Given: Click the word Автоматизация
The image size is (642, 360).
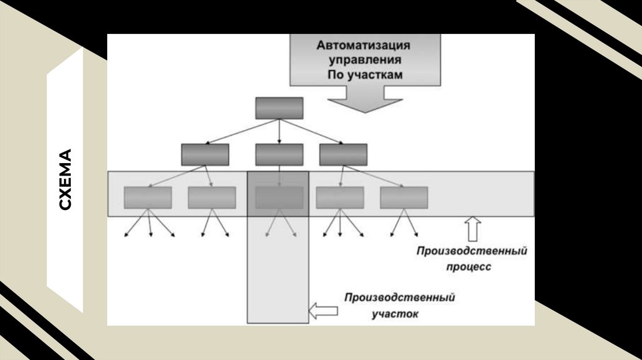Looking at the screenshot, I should click(x=364, y=46).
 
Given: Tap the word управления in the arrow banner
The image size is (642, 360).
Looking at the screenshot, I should click(x=364, y=60).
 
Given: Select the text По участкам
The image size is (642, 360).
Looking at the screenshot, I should click(x=364, y=75).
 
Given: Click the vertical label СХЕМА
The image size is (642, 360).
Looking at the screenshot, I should click(x=65, y=179).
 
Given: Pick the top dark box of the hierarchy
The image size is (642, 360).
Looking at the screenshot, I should click(x=279, y=108).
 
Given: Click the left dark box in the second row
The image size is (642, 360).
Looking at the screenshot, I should click(x=205, y=154).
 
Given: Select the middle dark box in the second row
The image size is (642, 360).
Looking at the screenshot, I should click(x=279, y=154).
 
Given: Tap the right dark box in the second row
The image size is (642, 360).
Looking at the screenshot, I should click(x=343, y=154).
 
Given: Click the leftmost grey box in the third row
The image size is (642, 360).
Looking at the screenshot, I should click(x=148, y=198).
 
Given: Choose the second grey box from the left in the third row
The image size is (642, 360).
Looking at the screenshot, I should click(x=212, y=198).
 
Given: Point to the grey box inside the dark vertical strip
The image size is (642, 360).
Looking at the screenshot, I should click(x=279, y=198).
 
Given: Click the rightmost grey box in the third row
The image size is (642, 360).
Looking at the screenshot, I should click(x=404, y=198).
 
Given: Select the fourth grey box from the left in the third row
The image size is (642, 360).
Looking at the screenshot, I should click(x=340, y=198).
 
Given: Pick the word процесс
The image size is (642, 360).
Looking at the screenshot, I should click(x=470, y=267).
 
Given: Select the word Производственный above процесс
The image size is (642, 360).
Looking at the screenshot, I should click(x=471, y=251).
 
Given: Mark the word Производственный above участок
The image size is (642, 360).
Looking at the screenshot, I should click(x=399, y=297).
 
